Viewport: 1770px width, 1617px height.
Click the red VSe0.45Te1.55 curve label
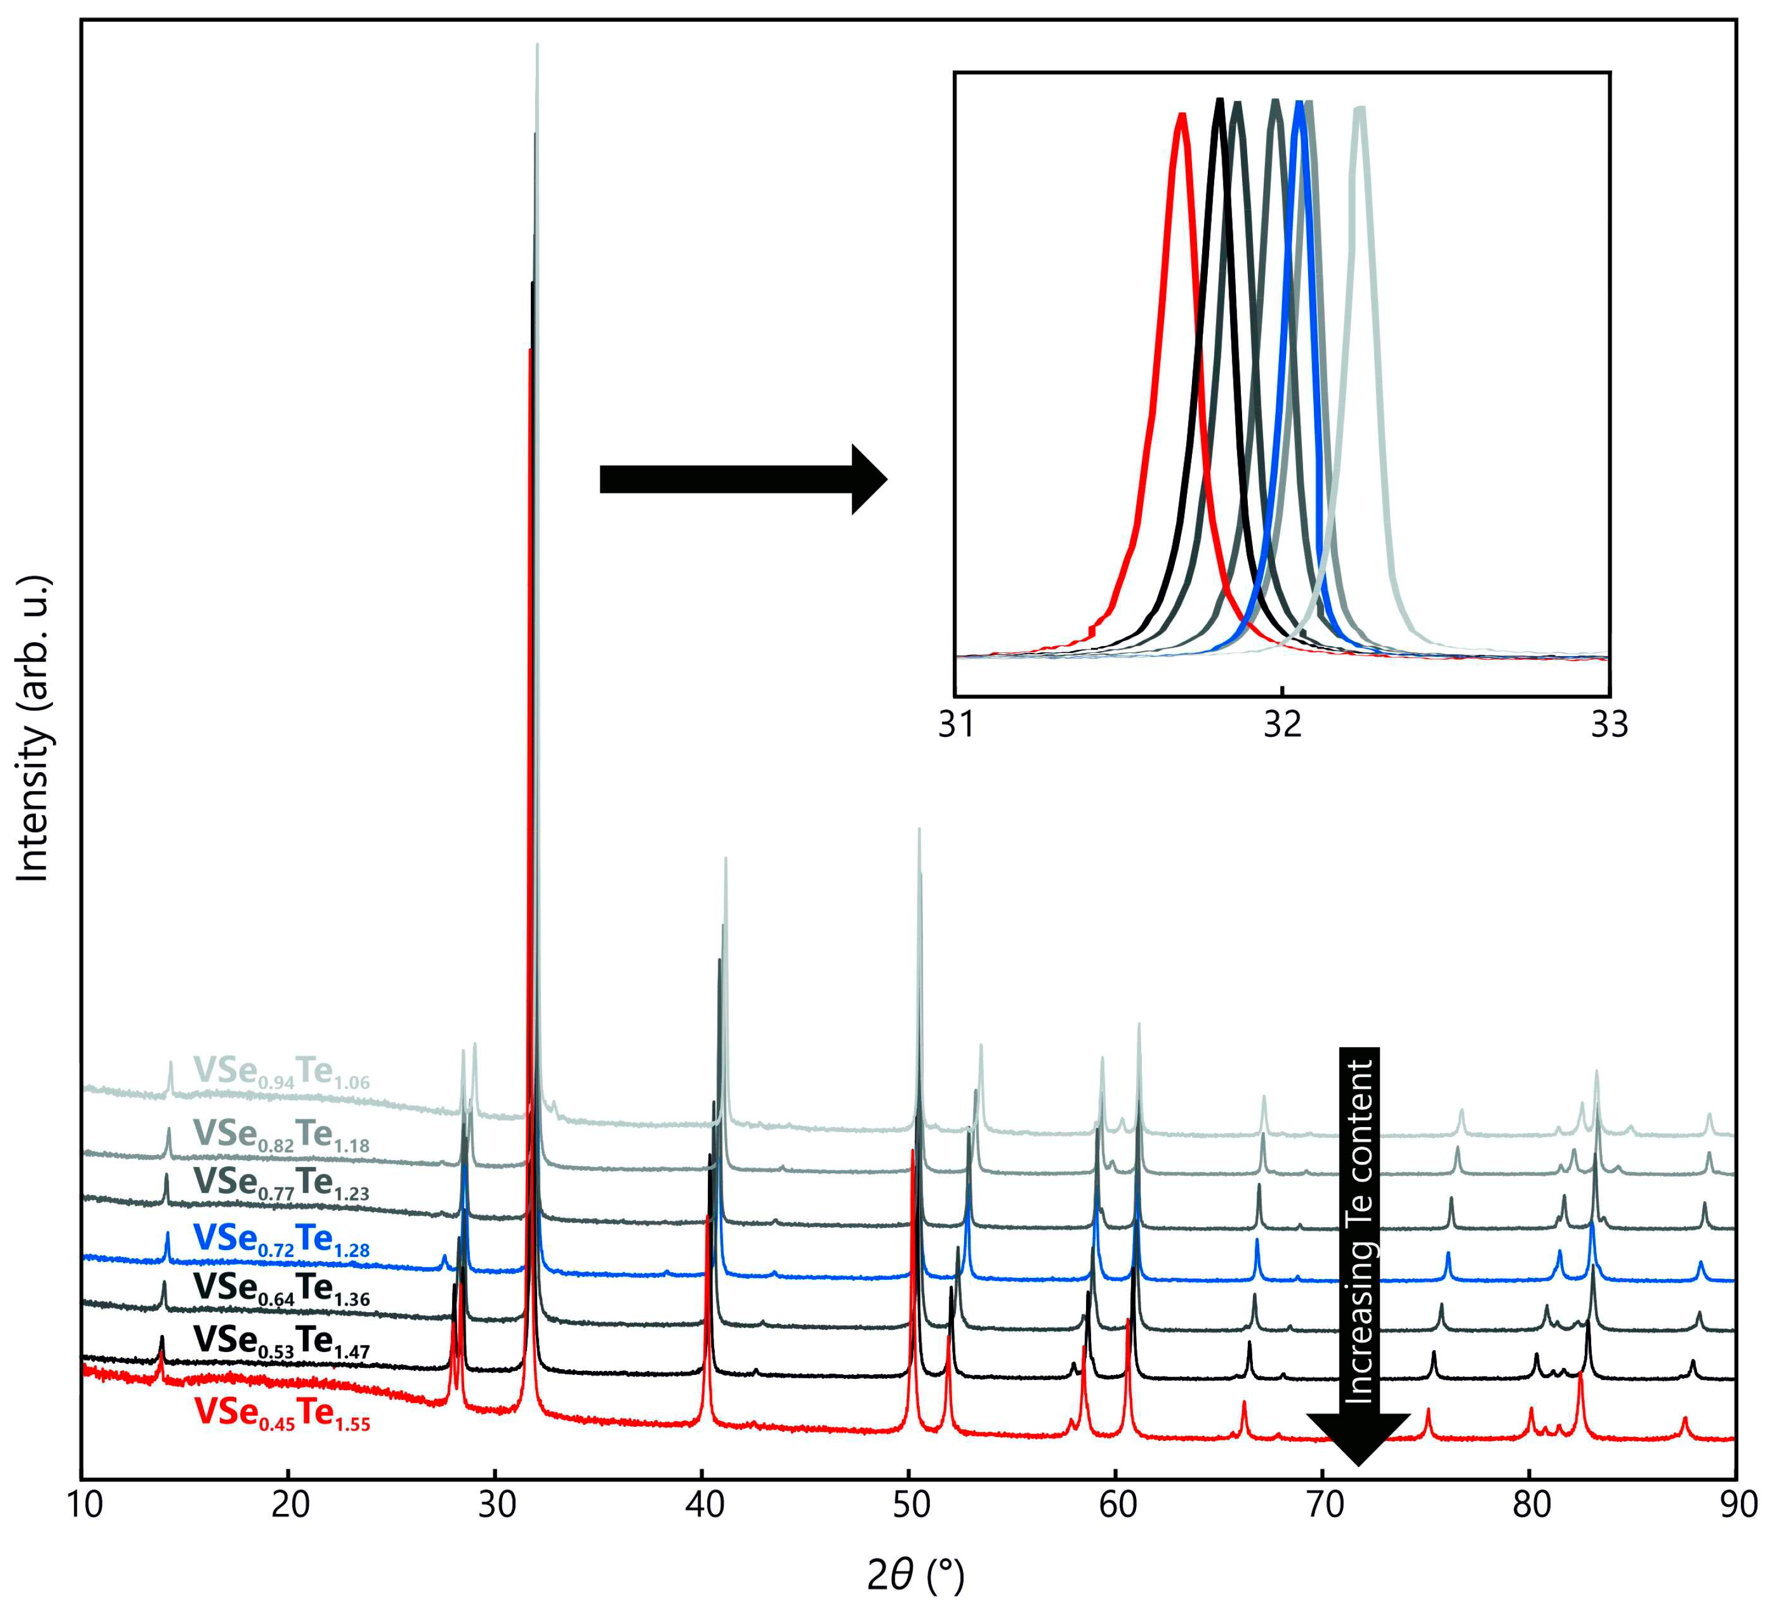click(x=282, y=1413)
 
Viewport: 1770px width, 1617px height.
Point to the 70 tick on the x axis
click(x=1324, y=1505)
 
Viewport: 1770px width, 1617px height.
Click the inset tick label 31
click(x=956, y=725)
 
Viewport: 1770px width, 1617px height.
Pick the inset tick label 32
click(x=1283, y=725)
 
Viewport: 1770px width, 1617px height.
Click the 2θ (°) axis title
click(x=916, y=1576)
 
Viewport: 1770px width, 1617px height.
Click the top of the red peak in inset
click(x=1182, y=115)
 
